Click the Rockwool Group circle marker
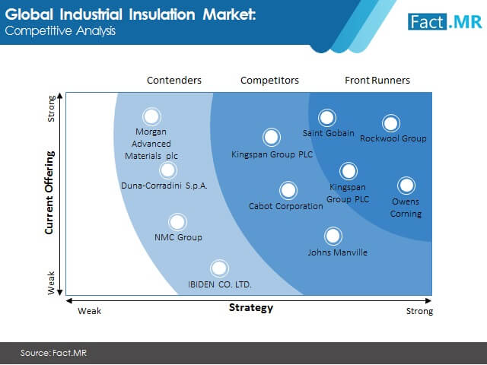coord(390,123)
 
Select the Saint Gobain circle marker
coord(326,118)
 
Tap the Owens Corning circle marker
coord(406,186)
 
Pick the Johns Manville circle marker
coord(333,236)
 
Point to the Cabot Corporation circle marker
coord(288,190)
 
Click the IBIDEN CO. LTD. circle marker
coord(219,268)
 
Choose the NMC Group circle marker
coord(177,222)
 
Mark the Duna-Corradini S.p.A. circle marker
coord(168,170)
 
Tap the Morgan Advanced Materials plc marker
coord(151,116)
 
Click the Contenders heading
coord(174,81)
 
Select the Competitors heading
coord(269,81)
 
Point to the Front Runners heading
coord(377,81)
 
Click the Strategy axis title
coord(251,307)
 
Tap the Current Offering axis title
coord(49,192)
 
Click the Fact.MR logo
coord(445,22)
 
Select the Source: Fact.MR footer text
coord(53,353)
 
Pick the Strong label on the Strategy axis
coord(419,311)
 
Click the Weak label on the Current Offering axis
coord(51,283)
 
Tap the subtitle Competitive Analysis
coord(60,31)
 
